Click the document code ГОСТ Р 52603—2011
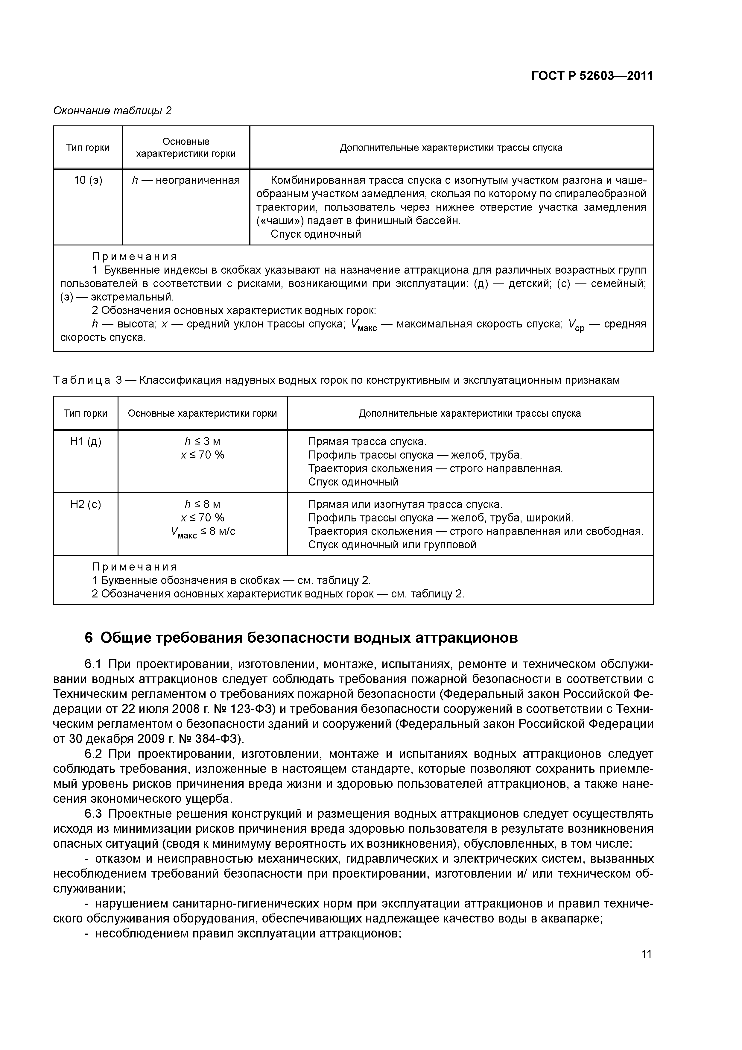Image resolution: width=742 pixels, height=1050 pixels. [592, 76]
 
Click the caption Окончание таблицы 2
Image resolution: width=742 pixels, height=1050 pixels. [112, 111]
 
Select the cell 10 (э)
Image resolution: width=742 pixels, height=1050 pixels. [88, 181]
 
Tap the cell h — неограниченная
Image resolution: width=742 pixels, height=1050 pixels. [185, 181]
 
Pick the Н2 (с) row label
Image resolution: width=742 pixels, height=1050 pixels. [86, 504]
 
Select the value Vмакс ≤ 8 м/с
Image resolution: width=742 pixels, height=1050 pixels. [203, 532]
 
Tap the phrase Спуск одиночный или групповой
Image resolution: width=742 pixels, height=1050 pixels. [392, 545]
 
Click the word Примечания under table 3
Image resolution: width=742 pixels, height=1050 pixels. [134, 567]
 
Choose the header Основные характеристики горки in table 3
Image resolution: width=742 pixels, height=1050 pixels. [202, 413]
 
